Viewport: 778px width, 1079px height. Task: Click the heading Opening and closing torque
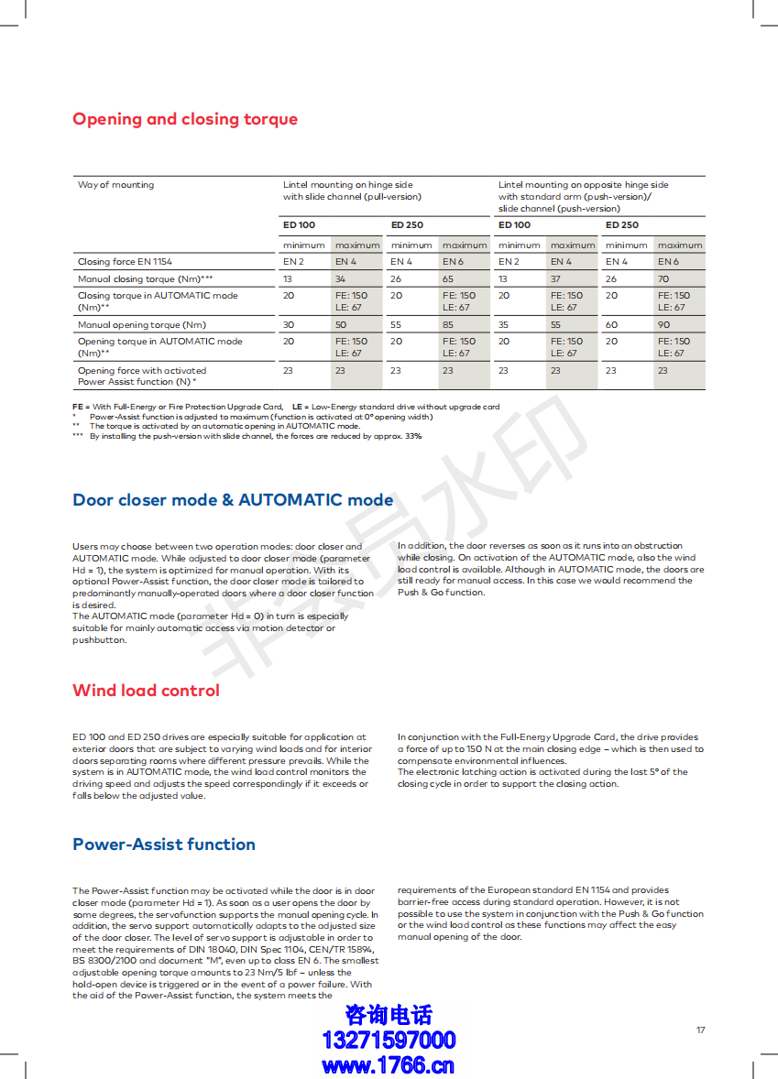185,119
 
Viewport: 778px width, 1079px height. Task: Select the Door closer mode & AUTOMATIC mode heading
233,500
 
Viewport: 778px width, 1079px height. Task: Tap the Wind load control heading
146,691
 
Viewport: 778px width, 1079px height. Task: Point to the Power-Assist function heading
164,845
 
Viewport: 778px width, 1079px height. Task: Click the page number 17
700,1030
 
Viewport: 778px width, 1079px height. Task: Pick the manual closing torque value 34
340,278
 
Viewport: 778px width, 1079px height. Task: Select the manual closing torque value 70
663,278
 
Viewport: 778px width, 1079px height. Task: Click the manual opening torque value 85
448,324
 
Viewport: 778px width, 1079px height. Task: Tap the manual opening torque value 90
663,324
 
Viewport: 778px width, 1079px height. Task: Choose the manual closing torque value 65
448,278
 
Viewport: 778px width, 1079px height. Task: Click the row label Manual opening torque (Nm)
142,324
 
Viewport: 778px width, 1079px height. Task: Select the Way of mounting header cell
115,185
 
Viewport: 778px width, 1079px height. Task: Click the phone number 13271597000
389,1041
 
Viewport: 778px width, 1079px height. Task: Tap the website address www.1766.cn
389,1065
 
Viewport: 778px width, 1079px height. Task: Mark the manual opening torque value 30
289,324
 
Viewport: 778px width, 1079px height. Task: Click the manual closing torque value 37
555,278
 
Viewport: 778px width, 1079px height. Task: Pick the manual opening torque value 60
611,324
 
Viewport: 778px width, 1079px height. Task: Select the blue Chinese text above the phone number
389,1015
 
